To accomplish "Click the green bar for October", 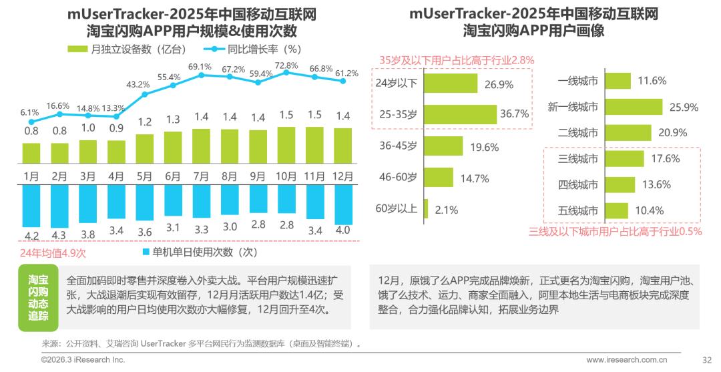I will [286, 146].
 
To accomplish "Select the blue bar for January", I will [31, 206].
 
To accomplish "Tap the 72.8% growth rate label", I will [286, 65].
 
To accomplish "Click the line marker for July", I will [201, 75].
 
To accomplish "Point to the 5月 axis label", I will [144, 177].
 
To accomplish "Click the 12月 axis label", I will [343, 177].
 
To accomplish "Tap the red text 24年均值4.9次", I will [53, 253].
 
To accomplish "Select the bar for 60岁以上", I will [425, 209].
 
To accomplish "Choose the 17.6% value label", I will [664, 159].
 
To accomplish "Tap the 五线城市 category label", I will [578, 210].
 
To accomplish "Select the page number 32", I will [707, 359].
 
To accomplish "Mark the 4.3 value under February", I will [59, 235].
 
